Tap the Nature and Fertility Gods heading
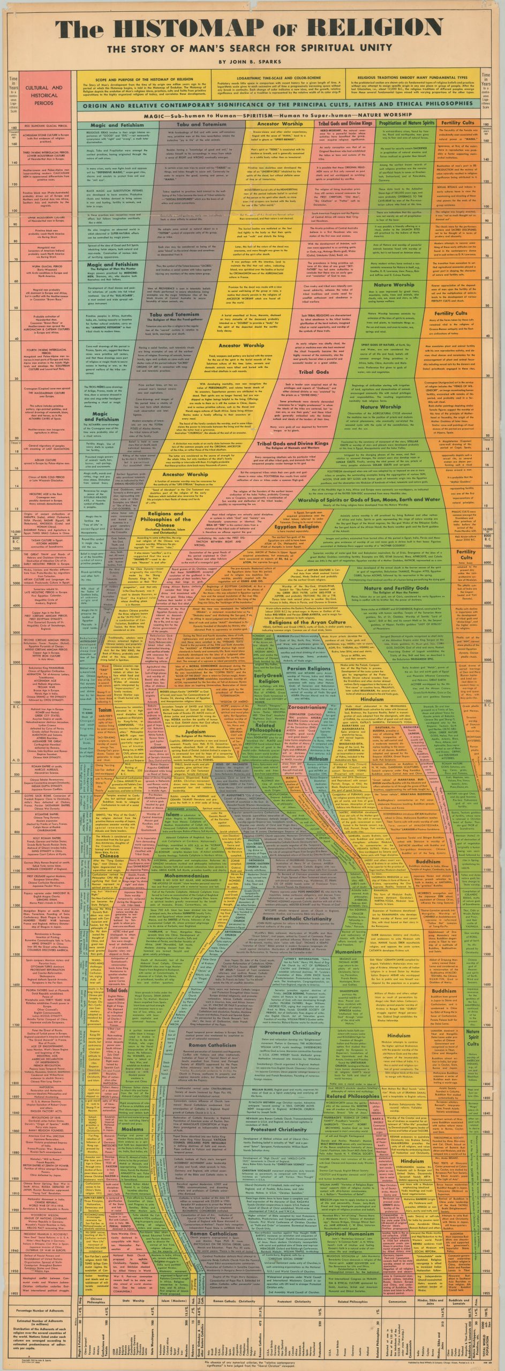tap(408, 587)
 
